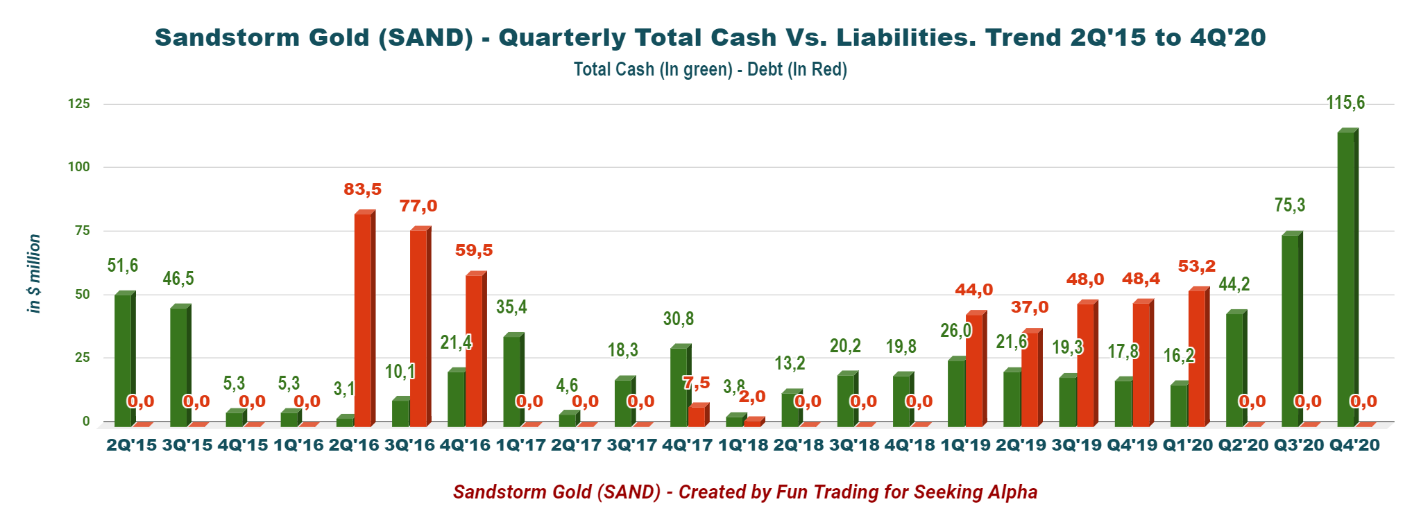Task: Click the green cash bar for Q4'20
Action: coord(1345,277)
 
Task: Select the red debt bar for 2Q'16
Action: coord(363,319)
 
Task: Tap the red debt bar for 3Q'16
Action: coord(418,327)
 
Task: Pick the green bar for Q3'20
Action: coord(1290,329)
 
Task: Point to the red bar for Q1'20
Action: coord(1197,357)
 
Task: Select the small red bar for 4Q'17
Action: coord(697,416)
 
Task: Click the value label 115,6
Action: coord(1345,103)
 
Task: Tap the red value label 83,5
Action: coord(363,189)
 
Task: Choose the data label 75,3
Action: coord(1290,205)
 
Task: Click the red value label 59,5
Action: coord(474,250)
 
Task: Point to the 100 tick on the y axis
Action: coord(78,167)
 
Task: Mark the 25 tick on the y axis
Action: coord(83,358)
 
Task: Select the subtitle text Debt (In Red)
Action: coord(797,70)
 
